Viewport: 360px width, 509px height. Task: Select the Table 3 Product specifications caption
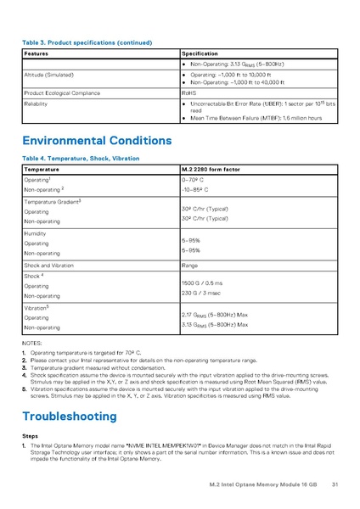point(87,42)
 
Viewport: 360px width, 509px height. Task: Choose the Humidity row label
point(35,232)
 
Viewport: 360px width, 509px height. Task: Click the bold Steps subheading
point(29,435)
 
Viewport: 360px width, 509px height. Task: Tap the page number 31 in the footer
point(335,484)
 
